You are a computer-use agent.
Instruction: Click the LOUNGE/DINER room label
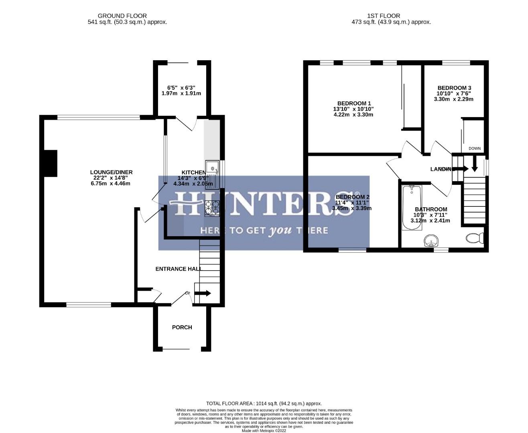point(111,172)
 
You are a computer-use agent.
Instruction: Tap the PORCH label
point(182,328)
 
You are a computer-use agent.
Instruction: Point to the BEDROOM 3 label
point(454,88)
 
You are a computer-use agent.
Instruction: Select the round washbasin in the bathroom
point(431,241)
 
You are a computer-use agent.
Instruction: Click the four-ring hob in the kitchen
point(212,208)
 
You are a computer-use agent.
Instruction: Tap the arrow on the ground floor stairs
point(203,293)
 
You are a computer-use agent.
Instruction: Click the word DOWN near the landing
point(474,148)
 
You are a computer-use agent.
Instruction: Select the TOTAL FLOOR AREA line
point(264,404)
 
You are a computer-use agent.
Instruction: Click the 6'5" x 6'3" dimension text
point(181,87)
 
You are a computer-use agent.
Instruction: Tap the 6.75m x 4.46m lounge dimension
point(111,184)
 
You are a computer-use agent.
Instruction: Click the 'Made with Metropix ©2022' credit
point(264,431)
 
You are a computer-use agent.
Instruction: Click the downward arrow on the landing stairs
point(474,163)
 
